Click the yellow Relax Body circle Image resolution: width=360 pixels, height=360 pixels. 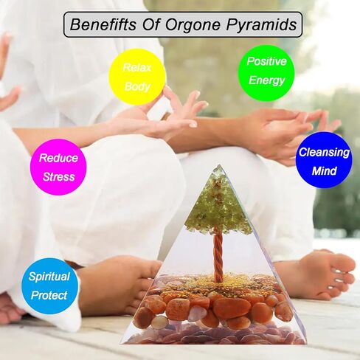click(137, 77)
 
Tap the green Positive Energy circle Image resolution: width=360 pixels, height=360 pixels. click(266, 73)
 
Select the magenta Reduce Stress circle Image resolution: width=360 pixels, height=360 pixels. click(58, 167)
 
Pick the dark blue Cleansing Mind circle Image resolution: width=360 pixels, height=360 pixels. click(324, 160)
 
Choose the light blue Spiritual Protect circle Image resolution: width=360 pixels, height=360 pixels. click(50, 286)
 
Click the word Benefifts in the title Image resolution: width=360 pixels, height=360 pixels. click(103, 24)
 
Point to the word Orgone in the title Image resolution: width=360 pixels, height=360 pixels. click(193, 25)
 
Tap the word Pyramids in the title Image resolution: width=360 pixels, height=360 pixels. click(261, 25)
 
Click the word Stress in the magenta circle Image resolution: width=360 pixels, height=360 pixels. click(59, 177)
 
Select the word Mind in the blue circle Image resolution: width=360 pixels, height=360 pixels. click(324, 170)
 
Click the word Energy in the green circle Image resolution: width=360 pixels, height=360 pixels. click(266, 80)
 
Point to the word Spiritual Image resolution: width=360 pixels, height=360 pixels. click(49, 277)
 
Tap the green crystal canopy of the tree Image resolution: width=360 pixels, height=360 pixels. click(218, 204)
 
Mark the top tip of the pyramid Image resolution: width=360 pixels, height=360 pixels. click(219, 165)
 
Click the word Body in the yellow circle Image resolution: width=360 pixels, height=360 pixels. click(137, 86)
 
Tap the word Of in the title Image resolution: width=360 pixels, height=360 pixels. click(150, 24)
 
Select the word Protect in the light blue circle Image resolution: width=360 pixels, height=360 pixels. click(49, 295)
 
